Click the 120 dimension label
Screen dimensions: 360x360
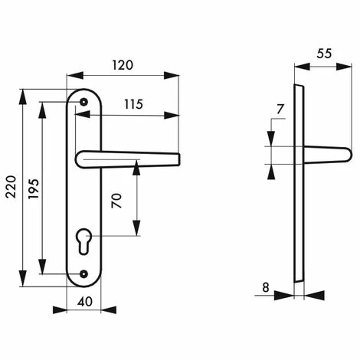click(123, 65)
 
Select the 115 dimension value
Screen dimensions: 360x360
click(133, 104)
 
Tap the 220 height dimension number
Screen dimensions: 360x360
click(11, 187)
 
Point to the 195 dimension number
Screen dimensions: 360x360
click(34, 189)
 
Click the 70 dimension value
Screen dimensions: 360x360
click(116, 201)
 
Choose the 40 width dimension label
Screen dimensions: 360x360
click(85, 302)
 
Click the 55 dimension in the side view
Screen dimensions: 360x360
click(324, 54)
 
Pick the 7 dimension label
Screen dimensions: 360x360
click(280, 110)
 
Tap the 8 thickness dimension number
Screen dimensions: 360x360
click(266, 287)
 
